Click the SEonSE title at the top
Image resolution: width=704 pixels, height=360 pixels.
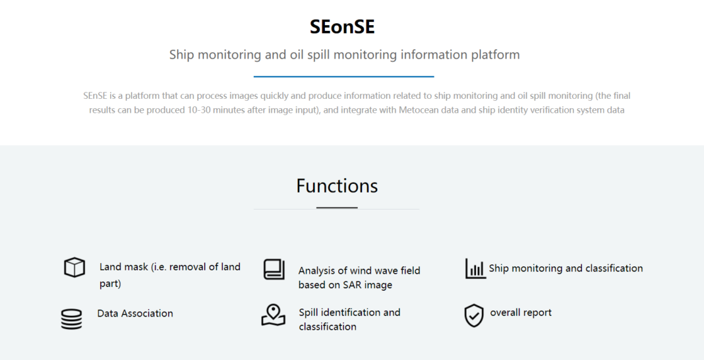(x=342, y=27)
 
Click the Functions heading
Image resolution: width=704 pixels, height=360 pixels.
(x=337, y=185)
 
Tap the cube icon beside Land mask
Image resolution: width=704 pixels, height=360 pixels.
(x=74, y=268)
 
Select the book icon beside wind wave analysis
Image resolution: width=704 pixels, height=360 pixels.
(x=274, y=269)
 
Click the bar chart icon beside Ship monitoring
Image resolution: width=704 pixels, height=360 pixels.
(x=475, y=268)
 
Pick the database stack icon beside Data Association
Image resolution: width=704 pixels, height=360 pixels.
(x=71, y=319)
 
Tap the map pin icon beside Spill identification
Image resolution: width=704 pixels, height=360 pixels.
(x=274, y=315)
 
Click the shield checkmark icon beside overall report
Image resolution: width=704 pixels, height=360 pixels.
(x=474, y=316)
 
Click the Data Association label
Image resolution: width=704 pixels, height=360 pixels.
(x=135, y=313)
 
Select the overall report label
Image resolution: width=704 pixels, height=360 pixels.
(x=521, y=313)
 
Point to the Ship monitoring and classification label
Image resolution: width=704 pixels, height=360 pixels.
(x=566, y=268)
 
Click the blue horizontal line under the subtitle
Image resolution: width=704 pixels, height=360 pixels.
(x=344, y=76)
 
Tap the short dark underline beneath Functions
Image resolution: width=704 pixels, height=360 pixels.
(x=337, y=208)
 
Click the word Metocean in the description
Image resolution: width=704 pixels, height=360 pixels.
(x=415, y=110)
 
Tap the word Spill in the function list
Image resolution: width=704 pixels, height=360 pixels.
(x=308, y=313)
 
